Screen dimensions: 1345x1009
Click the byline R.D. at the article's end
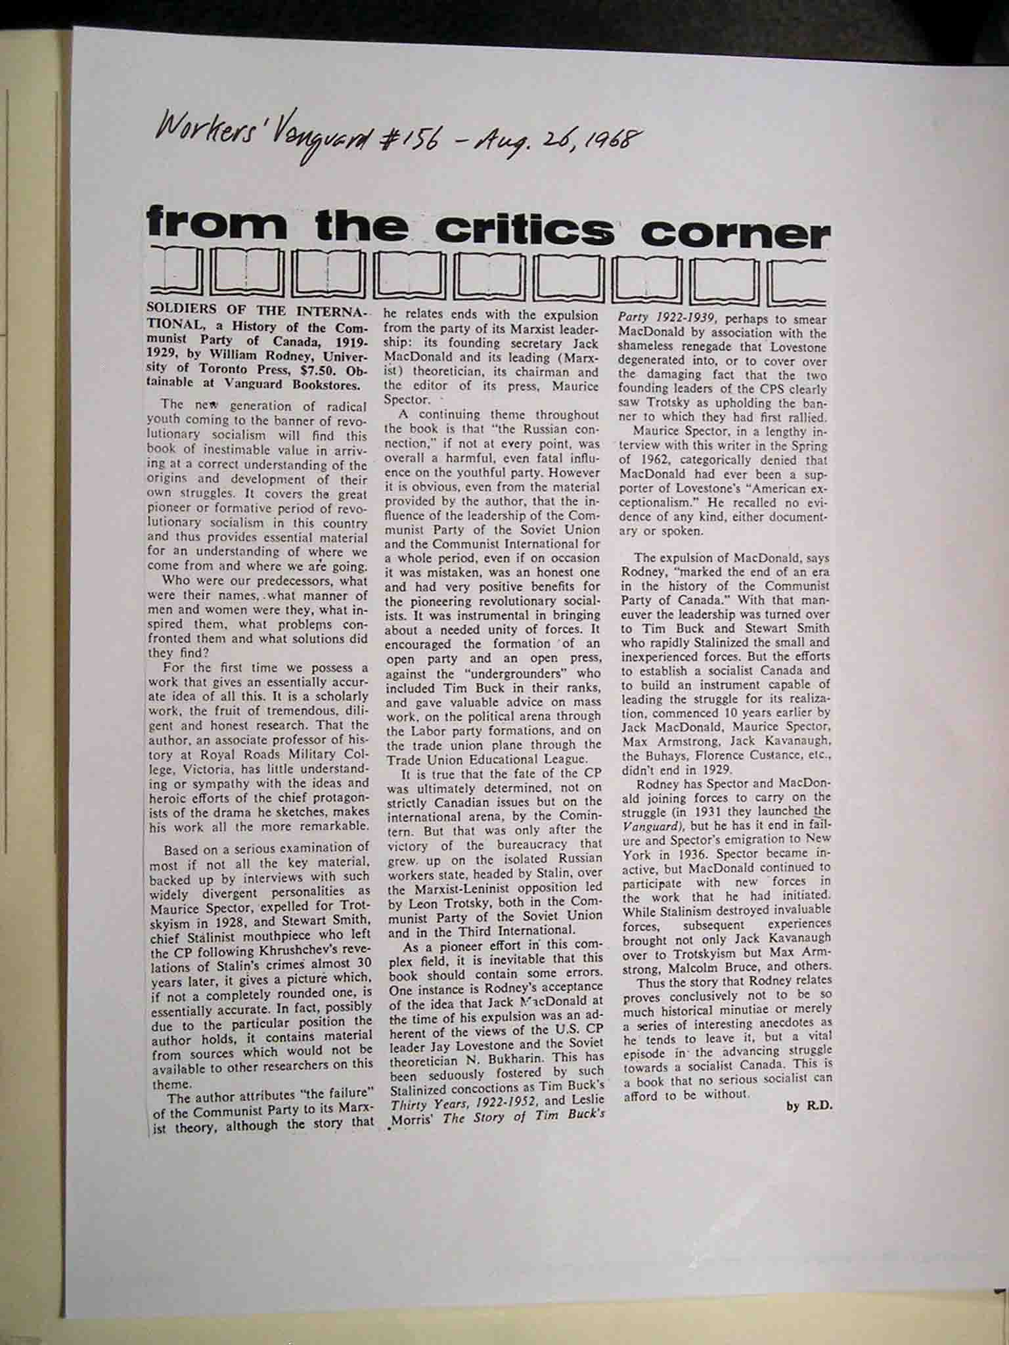(818, 1106)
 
